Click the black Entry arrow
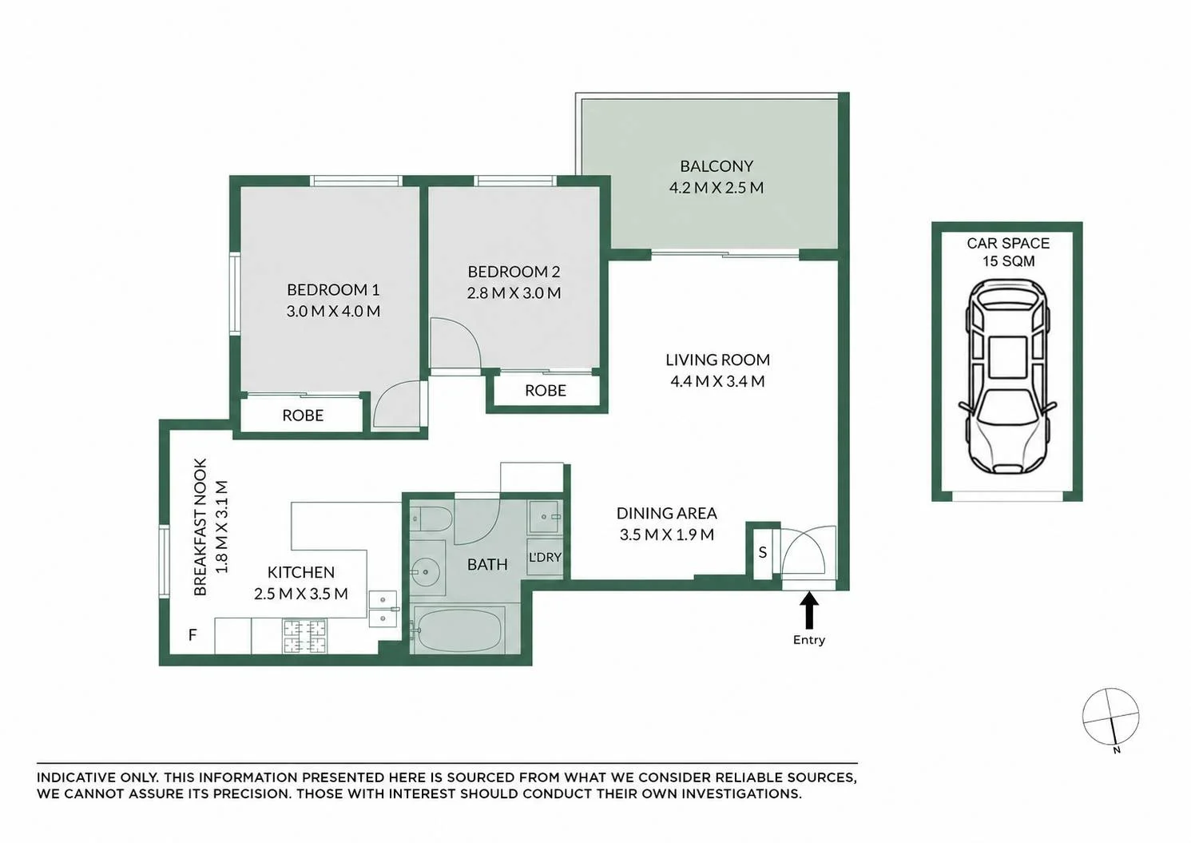(x=809, y=611)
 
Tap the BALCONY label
(x=717, y=166)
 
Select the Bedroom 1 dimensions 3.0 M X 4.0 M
(x=333, y=311)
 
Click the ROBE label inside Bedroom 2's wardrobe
(x=546, y=391)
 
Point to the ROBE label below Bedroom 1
(x=303, y=416)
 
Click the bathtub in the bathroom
(x=459, y=630)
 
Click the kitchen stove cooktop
(x=305, y=636)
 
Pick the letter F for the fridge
(x=193, y=634)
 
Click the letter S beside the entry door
(x=763, y=553)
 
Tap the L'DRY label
(x=545, y=558)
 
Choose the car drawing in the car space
(x=1007, y=376)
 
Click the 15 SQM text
(x=1009, y=261)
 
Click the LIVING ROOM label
(x=718, y=360)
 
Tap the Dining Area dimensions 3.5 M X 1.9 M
(x=667, y=535)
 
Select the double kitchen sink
(x=383, y=609)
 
